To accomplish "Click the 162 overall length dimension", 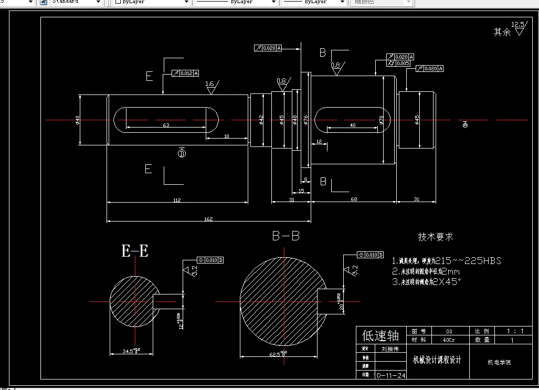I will [x=209, y=218].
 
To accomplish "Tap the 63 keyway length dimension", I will [x=166, y=125].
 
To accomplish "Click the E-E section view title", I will [x=135, y=251].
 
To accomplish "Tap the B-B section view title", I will [x=286, y=236].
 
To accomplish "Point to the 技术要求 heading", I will [x=435, y=237].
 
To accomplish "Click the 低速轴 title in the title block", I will [x=381, y=335].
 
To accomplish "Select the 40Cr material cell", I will [x=449, y=340].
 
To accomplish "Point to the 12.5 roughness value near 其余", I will [x=517, y=24].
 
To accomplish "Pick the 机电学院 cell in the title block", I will [x=499, y=362].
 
